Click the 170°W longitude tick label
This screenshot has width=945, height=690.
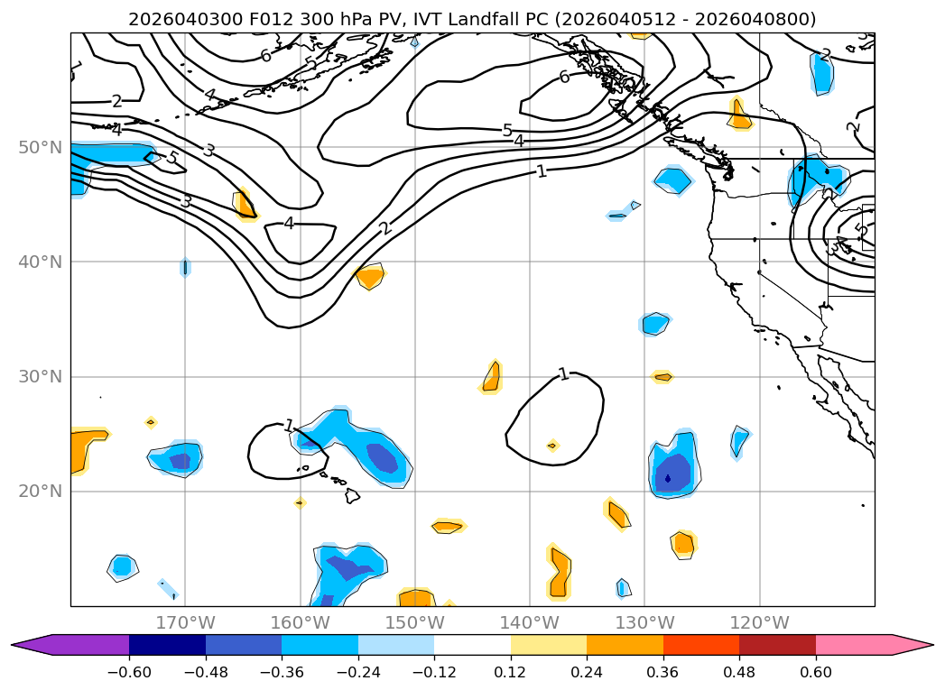click(185, 622)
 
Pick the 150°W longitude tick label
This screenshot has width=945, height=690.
click(415, 622)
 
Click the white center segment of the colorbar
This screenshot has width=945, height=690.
click(472, 645)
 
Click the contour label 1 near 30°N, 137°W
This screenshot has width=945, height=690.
click(563, 373)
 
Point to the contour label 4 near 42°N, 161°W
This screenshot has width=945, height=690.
click(289, 223)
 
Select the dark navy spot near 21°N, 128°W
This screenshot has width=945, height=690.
click(668, 478)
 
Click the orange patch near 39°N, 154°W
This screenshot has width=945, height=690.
click(369, 276)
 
